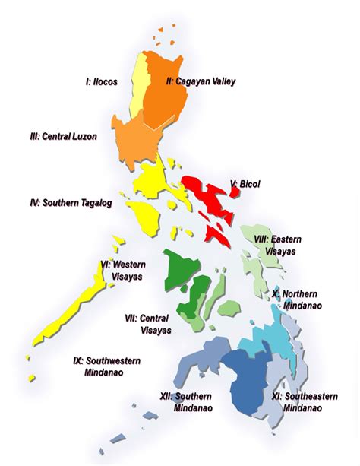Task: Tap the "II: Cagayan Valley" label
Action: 201,81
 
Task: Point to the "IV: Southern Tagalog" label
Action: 73,203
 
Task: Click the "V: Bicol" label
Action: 245,184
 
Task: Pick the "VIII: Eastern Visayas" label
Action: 277,245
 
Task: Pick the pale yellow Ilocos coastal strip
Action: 138,91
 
